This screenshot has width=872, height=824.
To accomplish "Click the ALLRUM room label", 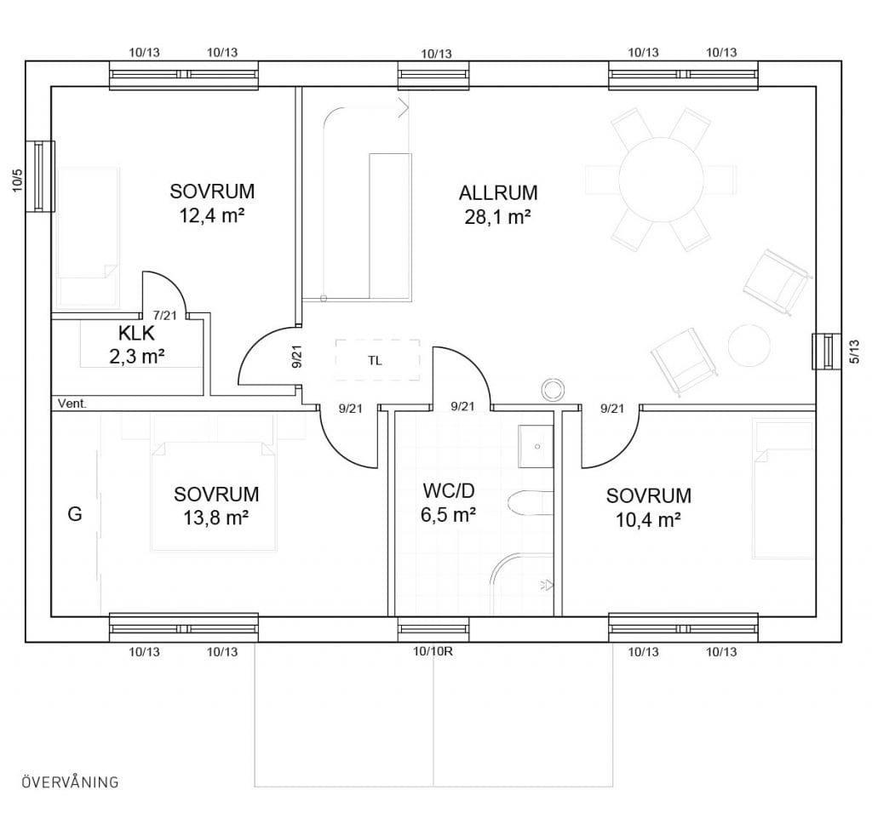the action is tap(498, 193).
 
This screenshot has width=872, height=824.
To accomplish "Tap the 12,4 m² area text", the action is tap(212, 215).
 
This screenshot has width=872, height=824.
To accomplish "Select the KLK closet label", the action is tap(136, 333).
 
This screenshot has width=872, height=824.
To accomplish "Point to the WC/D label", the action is tap(448, 491).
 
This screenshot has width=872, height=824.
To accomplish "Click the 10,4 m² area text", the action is tap(648, 520).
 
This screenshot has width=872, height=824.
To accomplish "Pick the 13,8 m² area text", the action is tap(215, 518).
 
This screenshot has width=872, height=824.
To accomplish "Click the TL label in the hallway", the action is tap(375, 361).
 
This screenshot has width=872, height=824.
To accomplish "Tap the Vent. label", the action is tap(72, 403).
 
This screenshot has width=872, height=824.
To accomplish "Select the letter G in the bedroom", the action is tap(75, 514).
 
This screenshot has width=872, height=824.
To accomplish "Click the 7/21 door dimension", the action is tap(164, 315).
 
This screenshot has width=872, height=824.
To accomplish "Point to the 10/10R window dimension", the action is tap(433, 651).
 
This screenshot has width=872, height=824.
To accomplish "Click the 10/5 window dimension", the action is tap(19, 180).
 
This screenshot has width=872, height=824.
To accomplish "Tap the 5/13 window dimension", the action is tap(854, 352).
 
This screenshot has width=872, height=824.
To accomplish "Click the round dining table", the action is tap(661, 180).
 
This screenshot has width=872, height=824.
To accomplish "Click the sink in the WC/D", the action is tap(536, 447).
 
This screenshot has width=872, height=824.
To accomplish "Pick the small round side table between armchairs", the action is tap(749, 345).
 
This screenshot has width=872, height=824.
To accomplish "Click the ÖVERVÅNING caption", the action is tap(70, 781).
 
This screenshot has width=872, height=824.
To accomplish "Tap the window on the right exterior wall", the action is tap(826, 352).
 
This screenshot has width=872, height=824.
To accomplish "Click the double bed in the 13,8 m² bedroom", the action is tap(214, 496).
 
